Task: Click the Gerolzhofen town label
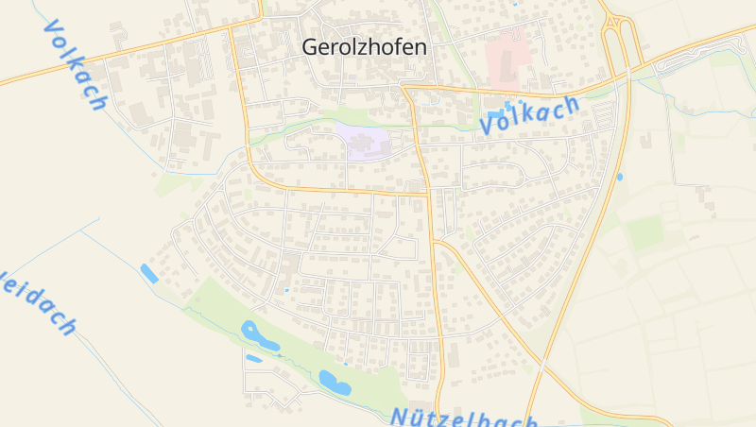(x=364, y=46)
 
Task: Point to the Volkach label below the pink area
(x=528, y=113)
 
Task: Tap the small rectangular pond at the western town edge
(x=149, y=274)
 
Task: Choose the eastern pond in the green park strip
(x=334, y=382)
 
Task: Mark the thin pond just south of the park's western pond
(x=253, y=359)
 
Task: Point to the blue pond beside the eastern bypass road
(x=620, y=177)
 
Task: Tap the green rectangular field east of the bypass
(x=647, y=231)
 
